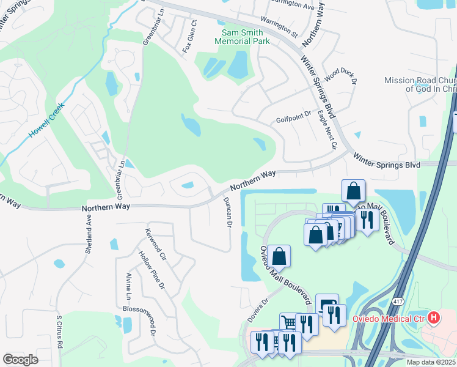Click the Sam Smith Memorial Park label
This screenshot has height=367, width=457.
point(242,37)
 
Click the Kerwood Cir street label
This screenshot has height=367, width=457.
point(156,243)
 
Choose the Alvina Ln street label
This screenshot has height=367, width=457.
point(128,286)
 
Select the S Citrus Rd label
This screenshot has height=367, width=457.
point(60,331)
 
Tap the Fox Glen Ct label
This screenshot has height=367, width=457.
point(190,37)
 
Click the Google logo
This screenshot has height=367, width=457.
point(21,360)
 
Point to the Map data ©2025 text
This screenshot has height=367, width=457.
point(430,362)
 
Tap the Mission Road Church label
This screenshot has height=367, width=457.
point(420,84)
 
